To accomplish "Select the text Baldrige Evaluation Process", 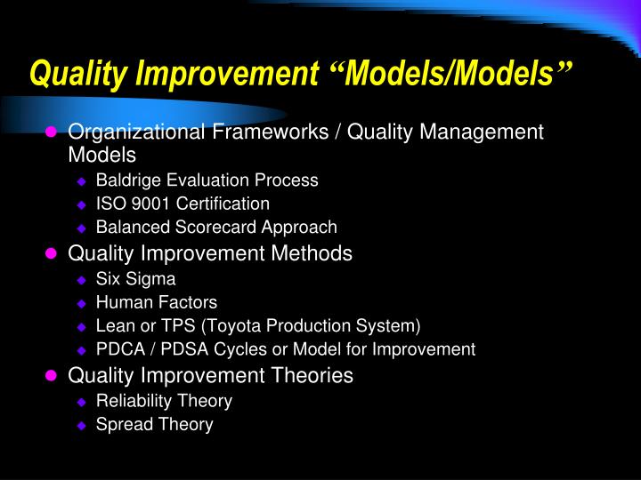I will [x=207, y=180].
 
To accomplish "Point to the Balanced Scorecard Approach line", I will [x=216, y=228].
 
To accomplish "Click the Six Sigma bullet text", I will [x=135, y=278].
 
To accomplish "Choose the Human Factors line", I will [x=156, y=302].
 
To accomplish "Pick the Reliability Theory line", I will [x=164, y=401].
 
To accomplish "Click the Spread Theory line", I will [x=154, y=425].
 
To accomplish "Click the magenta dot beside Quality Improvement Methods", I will [x=52, y=254].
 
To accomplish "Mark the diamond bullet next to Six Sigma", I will [x=81, y=279].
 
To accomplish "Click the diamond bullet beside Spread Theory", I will [x=81, y=426].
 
